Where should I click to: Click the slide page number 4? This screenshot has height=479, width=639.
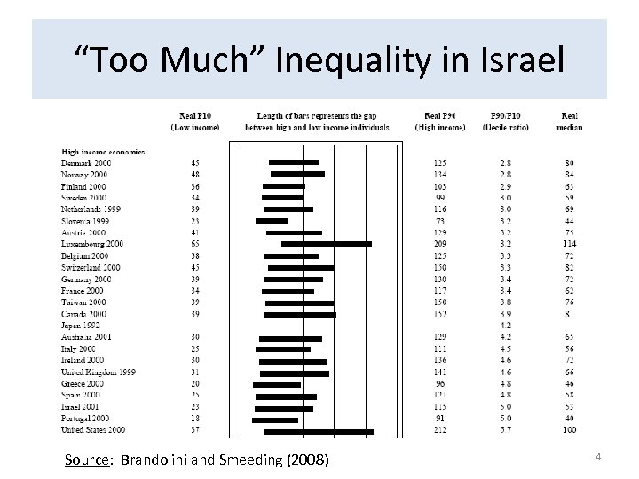click(x=598, y=457)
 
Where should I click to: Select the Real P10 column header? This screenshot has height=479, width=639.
click(x=194, y=121)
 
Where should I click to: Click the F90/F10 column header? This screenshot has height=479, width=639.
click(x=506, y=121)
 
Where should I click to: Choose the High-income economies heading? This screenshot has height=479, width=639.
click(x=103, y=152)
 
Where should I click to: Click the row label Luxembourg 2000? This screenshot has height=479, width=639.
click(x=92, y=243)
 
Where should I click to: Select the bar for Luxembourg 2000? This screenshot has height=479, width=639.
click(x=326, y=243)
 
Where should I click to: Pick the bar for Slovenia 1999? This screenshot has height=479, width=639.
click(x=271, y=220)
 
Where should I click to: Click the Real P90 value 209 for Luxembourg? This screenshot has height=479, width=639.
click(x=439, y=243)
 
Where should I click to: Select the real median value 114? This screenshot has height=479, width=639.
click(x=569, y=243)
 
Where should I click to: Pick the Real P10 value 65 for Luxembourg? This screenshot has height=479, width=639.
click(x=194, y=243)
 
